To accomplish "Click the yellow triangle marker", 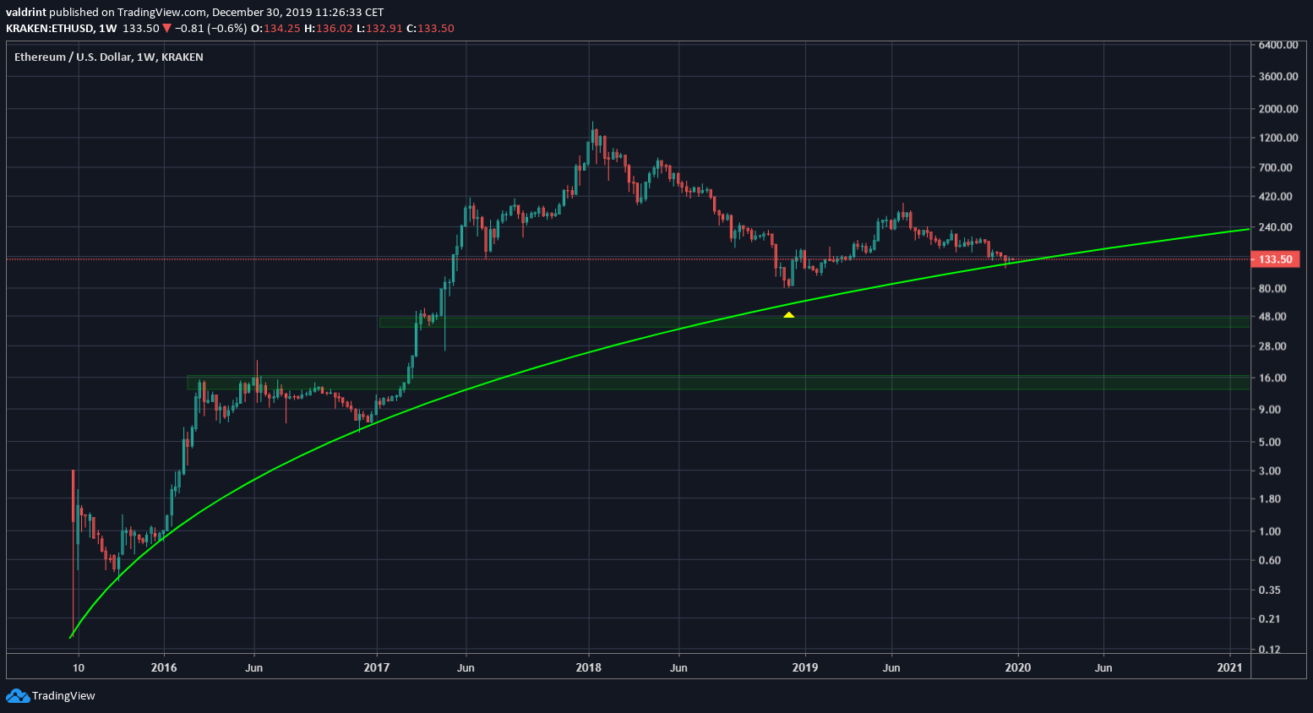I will pyautogui.click(x=788, y=315).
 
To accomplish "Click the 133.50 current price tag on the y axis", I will pyautogui.click(x=1275, y=259).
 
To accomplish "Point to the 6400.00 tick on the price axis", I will pyautogui.click(x=1278, y=45).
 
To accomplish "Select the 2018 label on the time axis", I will pyautogui.click(x=588, y=667).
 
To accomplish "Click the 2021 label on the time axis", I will pyautogui.click(x=1229, y=667).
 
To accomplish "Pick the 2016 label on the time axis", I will pyautogui.click(x=164, y=667).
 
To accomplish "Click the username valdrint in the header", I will pyautogui.click(x=26, y=13).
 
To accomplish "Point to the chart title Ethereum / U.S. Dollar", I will pyautogui.click(x=74, y=57).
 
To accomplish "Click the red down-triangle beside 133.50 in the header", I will pyautogui.click(x=167, y=28).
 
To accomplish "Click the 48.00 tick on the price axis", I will pyautogui.click(x=1272, y=317).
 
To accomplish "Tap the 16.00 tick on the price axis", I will pyautogui.click(x=1272, y=378).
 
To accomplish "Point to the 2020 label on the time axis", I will pyautogui.click(x=1018, y=667).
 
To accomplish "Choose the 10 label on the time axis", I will pyautogui.click(x=79, y=667).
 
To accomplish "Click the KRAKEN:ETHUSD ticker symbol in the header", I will pyautogui.click(x=50, y=28).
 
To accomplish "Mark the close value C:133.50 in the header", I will pyautogui.click(x=430, y=28).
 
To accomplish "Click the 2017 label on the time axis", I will pyautogui.click(x=376, y=667).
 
